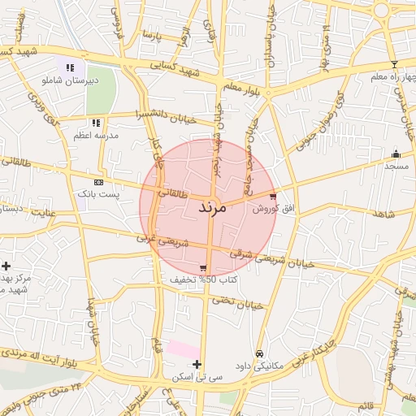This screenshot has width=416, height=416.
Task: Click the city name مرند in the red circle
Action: point(216,208)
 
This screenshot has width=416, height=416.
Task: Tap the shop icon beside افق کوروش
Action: point(272,196)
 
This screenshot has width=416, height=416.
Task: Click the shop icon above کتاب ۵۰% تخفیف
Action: point(202,268)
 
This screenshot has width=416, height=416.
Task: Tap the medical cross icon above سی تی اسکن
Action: point(197,365)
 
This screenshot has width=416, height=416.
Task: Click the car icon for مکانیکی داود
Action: point(258,354)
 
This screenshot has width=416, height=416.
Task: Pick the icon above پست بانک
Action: point(98,183)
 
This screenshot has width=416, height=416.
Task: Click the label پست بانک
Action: point(98,195)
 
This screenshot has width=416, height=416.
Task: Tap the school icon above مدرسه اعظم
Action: point(96,123)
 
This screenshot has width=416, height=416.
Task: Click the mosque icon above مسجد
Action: point(396,154)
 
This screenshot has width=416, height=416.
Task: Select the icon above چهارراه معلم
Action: point(394,64)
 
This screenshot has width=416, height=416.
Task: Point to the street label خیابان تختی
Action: point(240,302)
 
